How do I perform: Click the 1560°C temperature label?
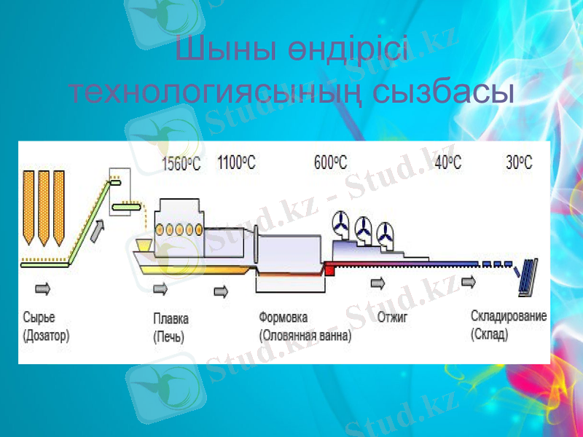pos(181,162)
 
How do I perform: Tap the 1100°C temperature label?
pos(237,162)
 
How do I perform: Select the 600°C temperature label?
pos(331,162)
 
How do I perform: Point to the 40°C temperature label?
pos(447,162)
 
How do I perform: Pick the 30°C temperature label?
pos(519,162)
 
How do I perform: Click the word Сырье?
pos(39,318)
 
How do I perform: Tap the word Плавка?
pos(171,319)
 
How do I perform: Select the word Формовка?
pos(283,318)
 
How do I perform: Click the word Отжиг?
pos(392,318)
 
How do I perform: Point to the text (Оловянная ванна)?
pos(305,336)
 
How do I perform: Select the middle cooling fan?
pos(362,231)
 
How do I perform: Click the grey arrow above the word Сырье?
pos(42,288)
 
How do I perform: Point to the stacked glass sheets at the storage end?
pos(528,277)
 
